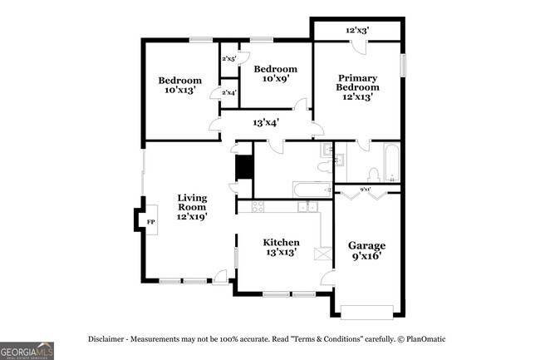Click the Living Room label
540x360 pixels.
click(x=191, y=207)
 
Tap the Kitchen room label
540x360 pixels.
click(x=282, y=247)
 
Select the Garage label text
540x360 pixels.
click(x=366, y=251)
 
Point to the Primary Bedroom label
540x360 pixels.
click(x=358, y=86)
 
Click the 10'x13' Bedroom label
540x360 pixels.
click(x=180, y=85)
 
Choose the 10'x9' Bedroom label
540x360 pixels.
click(x=275, y=74)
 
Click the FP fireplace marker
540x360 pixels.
click(x=151, y=223)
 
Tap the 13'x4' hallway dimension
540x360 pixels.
click(x=265, y=122)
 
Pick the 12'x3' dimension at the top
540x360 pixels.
click(x=357, y=31)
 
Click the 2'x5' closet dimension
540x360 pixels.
click(x=229, y=59)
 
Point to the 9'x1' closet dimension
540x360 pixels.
click(x=365, y=190)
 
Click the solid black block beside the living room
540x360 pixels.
click(x=244, y=167)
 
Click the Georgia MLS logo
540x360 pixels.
click(x=27, y=349)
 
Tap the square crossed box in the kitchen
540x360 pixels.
click(x=320, y=253)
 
